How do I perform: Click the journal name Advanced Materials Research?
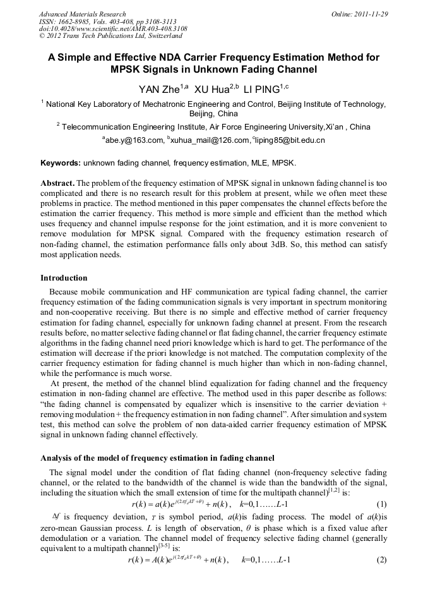[82, 14]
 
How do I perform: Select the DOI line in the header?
[112, 29]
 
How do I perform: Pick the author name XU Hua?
[211, 89]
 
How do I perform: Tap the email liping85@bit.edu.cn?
[290, 140]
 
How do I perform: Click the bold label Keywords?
[61, 163]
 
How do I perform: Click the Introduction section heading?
[64, 278]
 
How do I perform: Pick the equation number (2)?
[381, 578]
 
